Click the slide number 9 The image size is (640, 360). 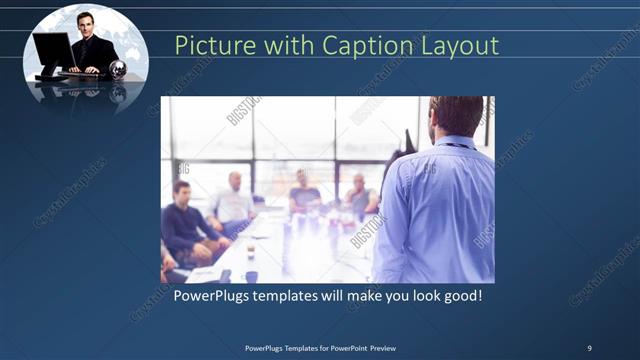coord(589,347)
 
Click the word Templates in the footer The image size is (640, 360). coord(298,347)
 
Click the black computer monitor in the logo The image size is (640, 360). coord(50,50)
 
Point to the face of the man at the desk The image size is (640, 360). coord(86,22)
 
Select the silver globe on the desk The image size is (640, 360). coord(118,69)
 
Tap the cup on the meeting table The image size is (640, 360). coord(250,251)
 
